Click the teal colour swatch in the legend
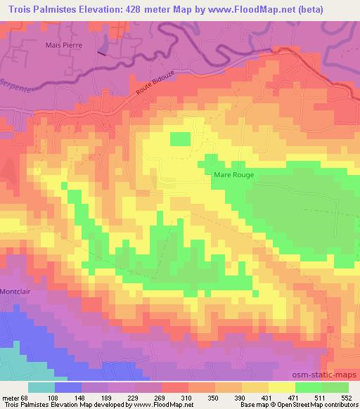click(x=41, y=387)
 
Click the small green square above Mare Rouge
click(x=181, y=138)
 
